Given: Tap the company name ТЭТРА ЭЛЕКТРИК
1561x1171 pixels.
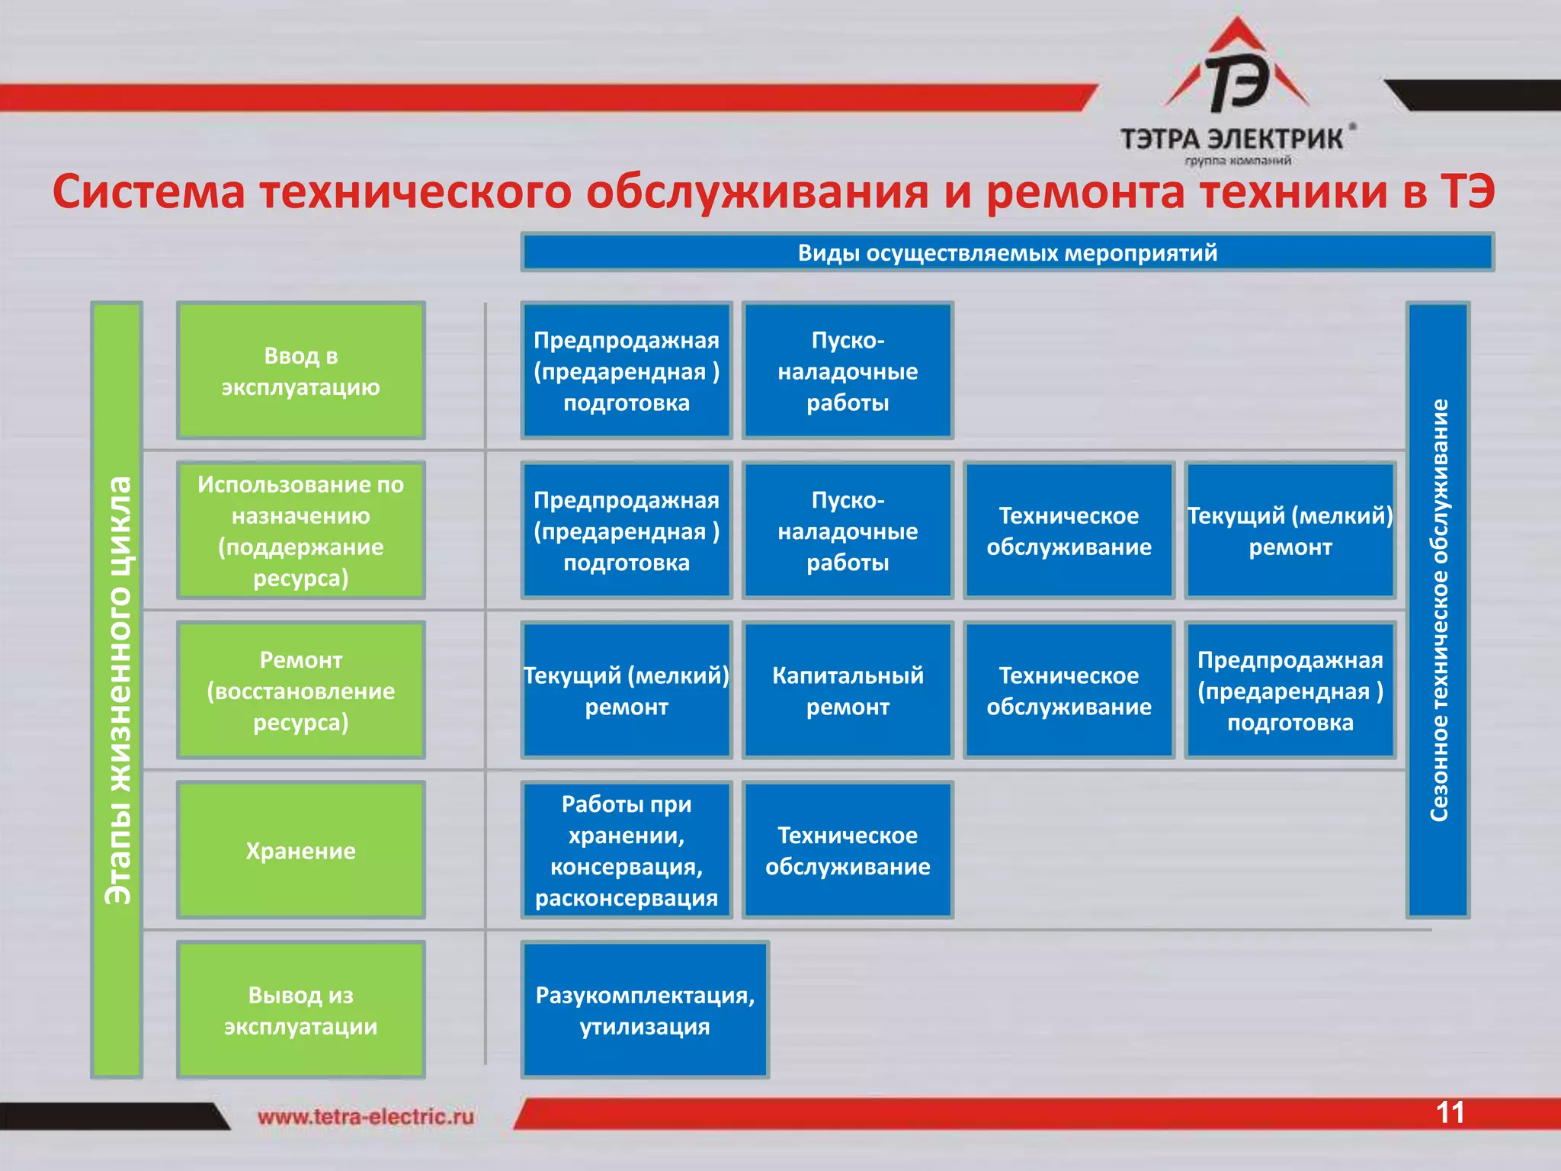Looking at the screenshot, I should click(x=1231, y=140).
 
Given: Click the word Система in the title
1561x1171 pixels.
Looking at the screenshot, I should click(x=149, y=192).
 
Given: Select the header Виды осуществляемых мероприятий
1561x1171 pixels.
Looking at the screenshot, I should click(x=1007, y=252).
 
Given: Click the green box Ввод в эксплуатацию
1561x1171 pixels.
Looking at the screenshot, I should click(x=300, y=371).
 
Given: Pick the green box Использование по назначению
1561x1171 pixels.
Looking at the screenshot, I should click(x=300, y=531).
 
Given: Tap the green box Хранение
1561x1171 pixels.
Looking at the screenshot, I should click(x=300, y=850).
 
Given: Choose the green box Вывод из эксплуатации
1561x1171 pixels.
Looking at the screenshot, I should click(x=300, y=1010).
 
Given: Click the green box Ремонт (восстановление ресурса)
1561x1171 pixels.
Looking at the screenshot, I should click(x=300, y=690).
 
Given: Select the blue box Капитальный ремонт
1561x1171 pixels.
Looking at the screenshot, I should click(x=848, y=690).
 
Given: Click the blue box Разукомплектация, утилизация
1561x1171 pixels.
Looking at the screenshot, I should click(x=645, y=1010).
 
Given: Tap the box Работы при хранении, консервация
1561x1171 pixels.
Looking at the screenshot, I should click(x=626, y=850).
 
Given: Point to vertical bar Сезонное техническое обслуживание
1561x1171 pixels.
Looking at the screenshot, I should click(x=1438, y=610).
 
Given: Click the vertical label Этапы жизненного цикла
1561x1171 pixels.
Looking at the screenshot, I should click(x=117, y=690).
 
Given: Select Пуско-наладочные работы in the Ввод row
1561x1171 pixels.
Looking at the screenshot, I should click(x=848, y=371).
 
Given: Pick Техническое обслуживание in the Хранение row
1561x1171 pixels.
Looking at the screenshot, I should click(x=848, y=850).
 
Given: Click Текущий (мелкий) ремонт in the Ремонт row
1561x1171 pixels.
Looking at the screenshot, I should click(x=626, y=690).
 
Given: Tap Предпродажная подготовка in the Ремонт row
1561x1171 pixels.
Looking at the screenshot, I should click(x=1290, y=690).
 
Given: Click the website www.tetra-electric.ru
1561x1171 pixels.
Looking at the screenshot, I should click(x=365, y=1117).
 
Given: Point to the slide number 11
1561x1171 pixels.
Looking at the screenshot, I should click(x=1450, y=1112).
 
